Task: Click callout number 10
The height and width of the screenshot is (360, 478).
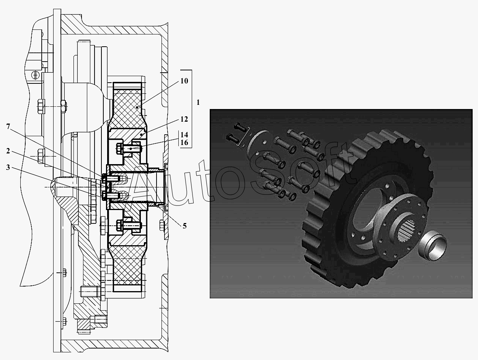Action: tap(184, 81)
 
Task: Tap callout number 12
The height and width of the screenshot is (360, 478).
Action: tap(184, 119)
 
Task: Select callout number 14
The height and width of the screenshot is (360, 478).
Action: tap(184, 135)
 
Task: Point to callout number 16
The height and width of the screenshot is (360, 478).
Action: tap(184, 143)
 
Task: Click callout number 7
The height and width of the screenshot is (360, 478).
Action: tap(8, 127)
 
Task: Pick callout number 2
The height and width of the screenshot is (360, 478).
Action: tap(8, 151)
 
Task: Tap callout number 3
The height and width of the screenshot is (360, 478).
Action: tap(8, 168)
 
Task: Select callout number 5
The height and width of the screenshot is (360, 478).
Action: tap(185, 226)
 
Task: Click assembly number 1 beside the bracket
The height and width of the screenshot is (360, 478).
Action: tap(198, 102)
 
